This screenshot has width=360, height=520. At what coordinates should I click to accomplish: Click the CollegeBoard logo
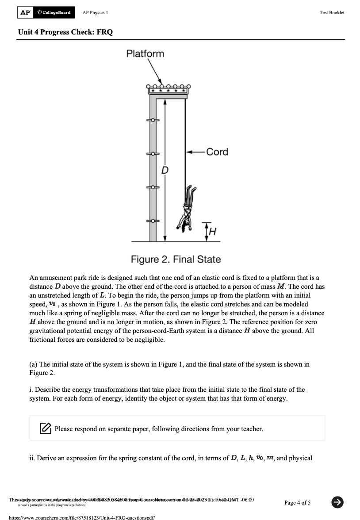pos(54,12)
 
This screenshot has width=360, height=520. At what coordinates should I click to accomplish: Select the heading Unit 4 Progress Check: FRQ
pos(65,32)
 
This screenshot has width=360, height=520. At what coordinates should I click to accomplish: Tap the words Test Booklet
pos(332,13)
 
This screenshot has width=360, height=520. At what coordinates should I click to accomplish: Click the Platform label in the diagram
pos(145,54)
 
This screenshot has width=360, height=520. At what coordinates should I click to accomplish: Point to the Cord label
pos(217,152)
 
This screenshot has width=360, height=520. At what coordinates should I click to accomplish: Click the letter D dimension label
pos(165,170)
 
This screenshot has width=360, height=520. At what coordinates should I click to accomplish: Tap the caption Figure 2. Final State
pos(176,259)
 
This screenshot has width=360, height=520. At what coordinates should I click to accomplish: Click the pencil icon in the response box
pos(46,428)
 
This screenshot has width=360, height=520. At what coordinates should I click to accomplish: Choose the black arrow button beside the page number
pos(337,501)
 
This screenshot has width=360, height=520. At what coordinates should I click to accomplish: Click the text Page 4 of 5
pos(297,502)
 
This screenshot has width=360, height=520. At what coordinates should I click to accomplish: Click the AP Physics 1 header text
pos(96,13)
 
